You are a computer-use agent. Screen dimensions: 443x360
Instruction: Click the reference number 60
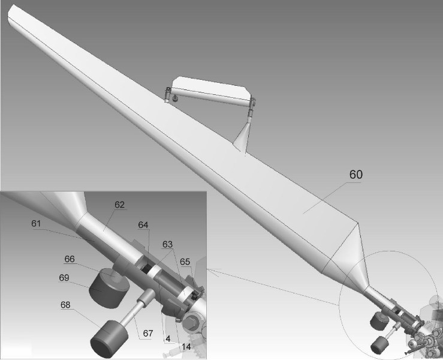(355, 175)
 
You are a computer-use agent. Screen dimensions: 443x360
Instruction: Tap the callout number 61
(36, 224)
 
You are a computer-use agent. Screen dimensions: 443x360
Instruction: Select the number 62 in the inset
(119, 205)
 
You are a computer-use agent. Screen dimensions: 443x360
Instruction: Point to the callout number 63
(167, 244)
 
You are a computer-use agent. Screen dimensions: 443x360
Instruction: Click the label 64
(143, 225)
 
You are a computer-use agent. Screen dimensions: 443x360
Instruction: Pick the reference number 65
(185, 262)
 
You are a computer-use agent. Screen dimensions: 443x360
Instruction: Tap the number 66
(70, 259)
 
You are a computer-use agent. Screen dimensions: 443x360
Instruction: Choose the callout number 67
(147, 334)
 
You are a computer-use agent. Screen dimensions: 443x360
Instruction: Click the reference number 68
(65, 305)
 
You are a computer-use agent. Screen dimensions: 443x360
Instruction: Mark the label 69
(64, 278)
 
